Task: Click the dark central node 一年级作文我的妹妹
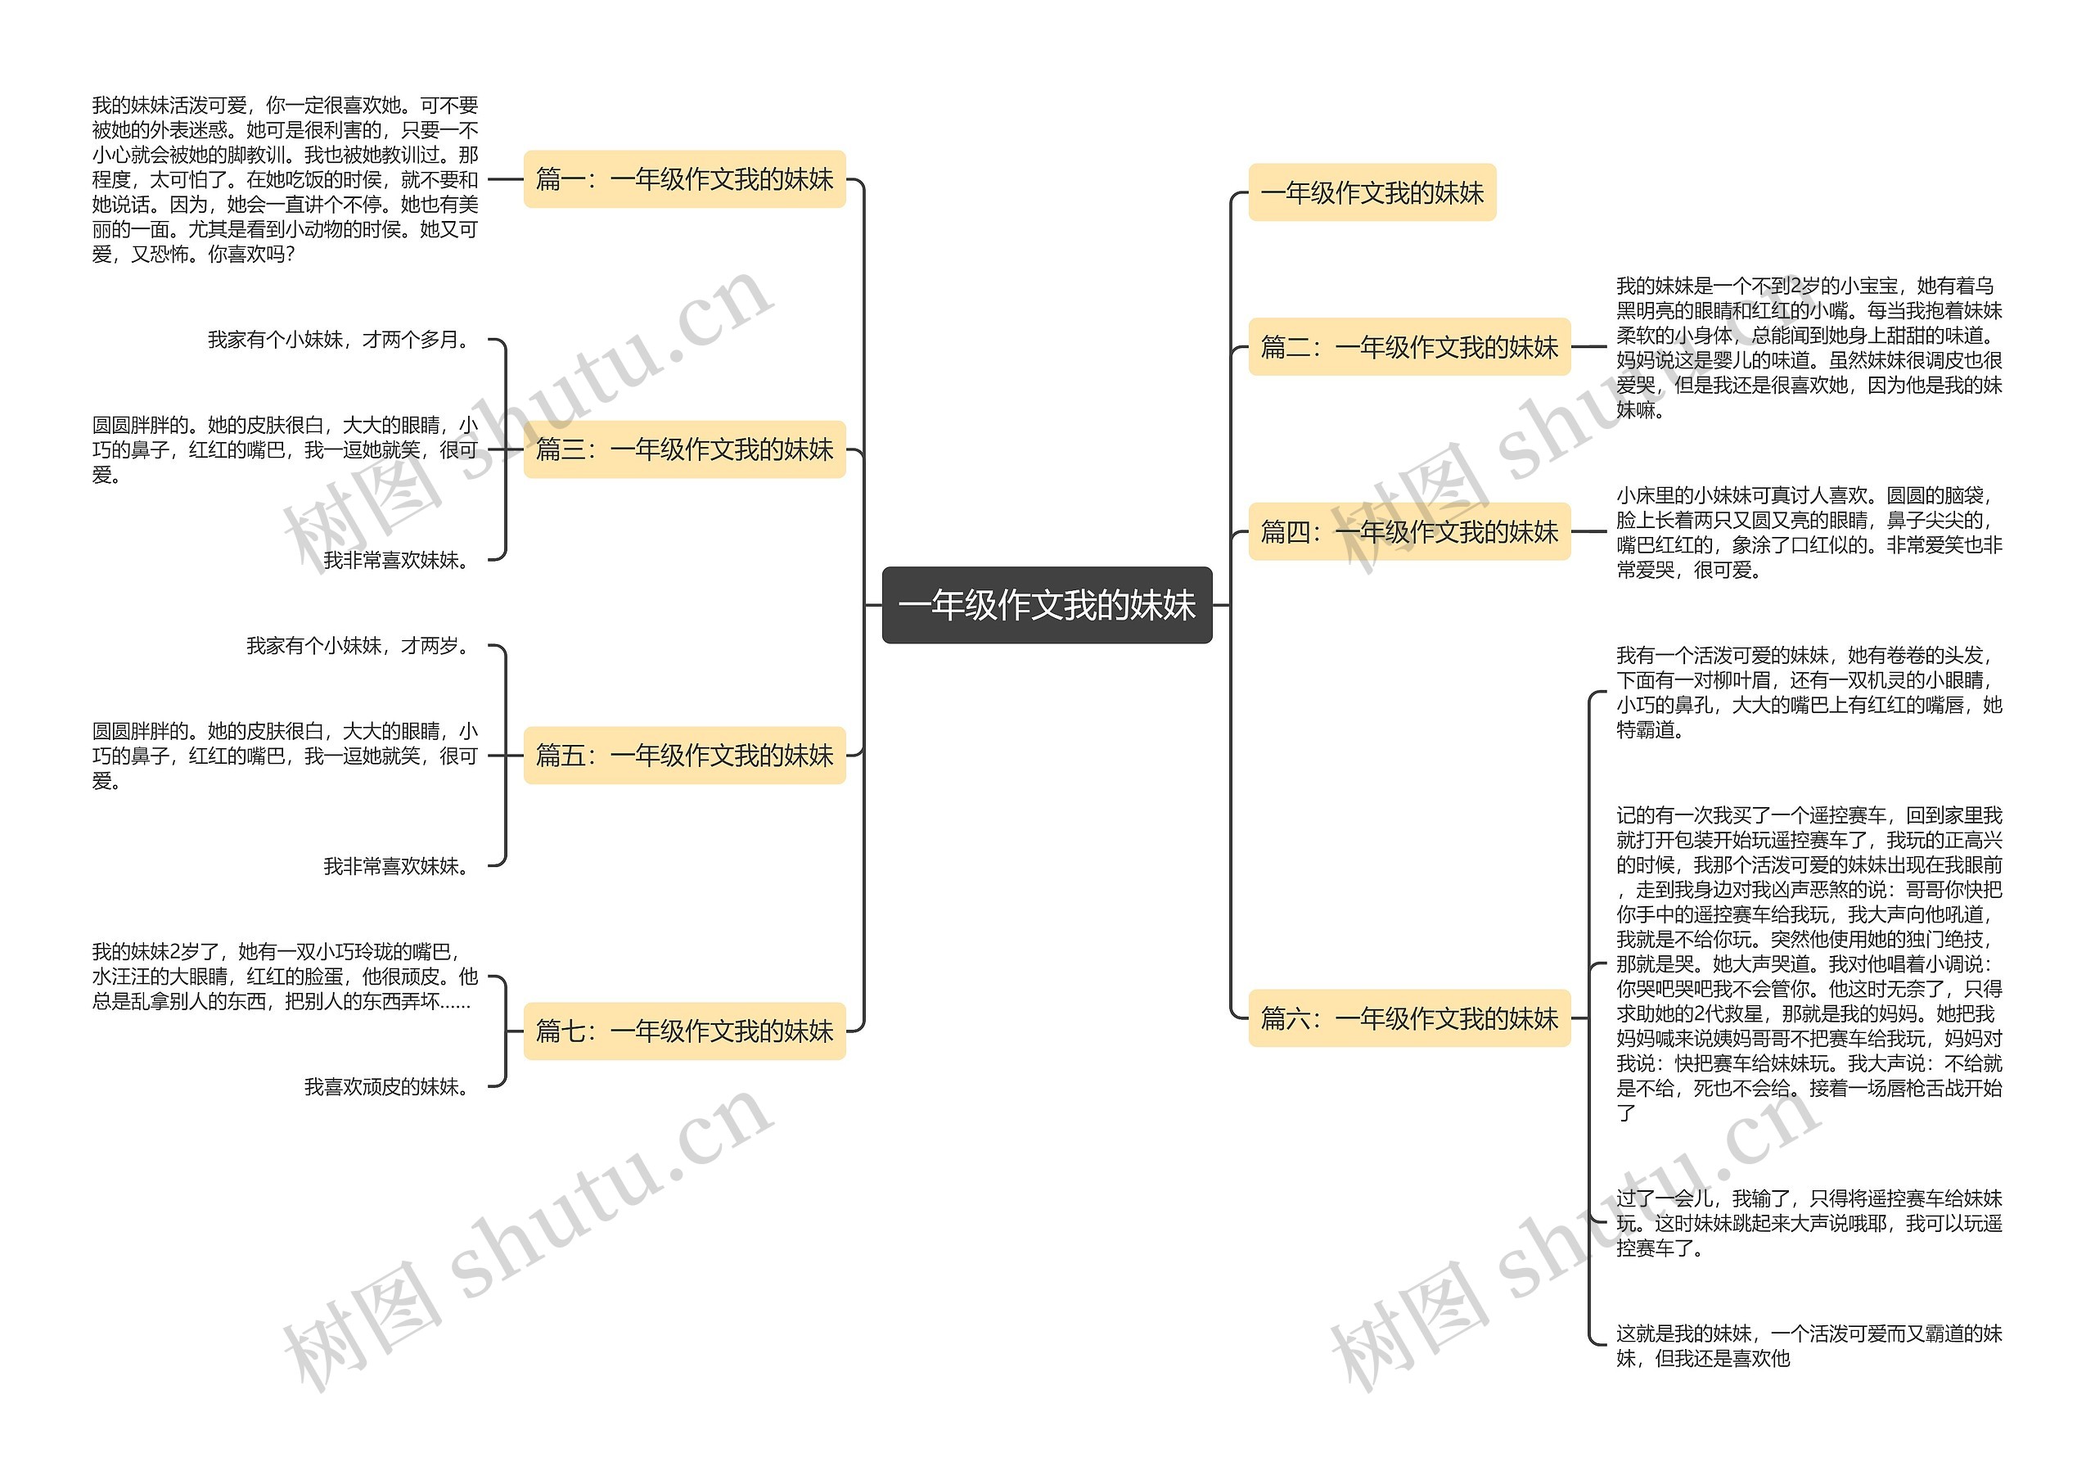click(1047, 605)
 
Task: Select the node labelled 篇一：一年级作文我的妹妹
click(684, 179)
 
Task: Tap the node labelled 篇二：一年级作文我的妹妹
click(1409, 347)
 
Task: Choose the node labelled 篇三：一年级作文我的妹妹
click(684, 449)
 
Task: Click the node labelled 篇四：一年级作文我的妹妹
click(1409, 531)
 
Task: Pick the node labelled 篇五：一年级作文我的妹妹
click(684, 755)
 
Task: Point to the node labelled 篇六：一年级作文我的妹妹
click(1409, 1018)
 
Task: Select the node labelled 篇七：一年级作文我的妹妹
click(684, 1031)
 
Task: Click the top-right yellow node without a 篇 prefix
click(1372, 192)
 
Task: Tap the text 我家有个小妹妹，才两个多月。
click(339, 340)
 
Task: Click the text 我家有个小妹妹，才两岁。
click(358, 646)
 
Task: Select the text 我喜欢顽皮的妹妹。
click(387, 1086)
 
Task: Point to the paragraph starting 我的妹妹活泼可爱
click(285, 180)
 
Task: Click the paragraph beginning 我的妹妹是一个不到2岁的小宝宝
click(1809, 348)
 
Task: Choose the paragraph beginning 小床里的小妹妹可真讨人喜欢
click(1809, 532)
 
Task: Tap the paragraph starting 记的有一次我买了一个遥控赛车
click(1809, 963)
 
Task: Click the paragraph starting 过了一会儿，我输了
click(1809, 1222)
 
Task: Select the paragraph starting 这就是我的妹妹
click(1809, 1345)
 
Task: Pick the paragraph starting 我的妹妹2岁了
click(285, 977)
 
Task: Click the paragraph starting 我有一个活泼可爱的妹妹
click(1809, 692)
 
